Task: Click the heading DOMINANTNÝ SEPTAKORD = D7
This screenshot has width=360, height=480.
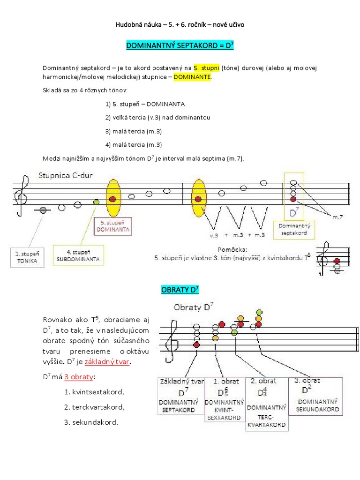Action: click(180, 46)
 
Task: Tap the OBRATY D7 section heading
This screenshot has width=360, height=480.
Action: click(180, 290)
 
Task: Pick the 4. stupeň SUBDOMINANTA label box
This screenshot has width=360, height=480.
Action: click(79, 255)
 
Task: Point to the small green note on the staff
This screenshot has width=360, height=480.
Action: click(96, 202)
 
